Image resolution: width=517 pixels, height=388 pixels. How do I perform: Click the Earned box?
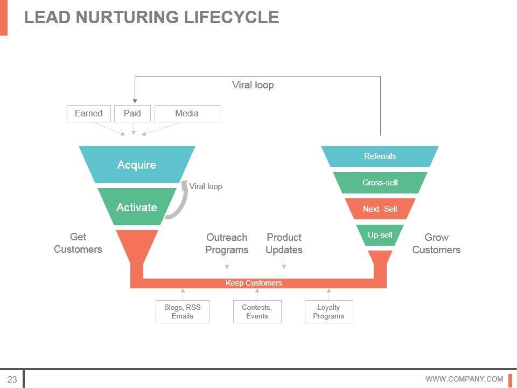[x=88, y=113]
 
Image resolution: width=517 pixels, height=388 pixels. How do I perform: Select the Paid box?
[x=132, y=113]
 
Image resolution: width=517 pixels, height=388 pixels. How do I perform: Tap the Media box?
[x=187, y=113]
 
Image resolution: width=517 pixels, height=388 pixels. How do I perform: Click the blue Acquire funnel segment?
[x=137, y=165]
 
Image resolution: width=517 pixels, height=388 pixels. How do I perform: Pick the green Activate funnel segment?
[x=137, y=207]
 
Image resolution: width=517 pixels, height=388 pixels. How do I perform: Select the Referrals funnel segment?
[x=380, y=156]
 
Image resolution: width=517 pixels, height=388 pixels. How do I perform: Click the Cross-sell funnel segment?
[x=380, y=183]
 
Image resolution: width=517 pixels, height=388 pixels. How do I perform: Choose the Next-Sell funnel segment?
[x=380, y=209]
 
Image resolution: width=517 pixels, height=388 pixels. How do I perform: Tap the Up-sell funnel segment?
[x=380, y=235]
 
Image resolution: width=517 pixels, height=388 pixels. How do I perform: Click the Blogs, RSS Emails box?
[x=183, y=311]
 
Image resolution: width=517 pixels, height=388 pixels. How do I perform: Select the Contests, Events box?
[x=257, y=311]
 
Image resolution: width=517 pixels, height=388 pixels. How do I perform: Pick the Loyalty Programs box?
[x=329, y=311]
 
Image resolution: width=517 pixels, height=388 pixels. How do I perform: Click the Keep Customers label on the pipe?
[x=254, y=283]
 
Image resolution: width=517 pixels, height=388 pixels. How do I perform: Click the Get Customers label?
[x=78, y=243]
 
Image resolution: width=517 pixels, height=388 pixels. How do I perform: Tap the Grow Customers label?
[x=436, y=244]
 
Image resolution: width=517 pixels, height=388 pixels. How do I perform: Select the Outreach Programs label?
[x=227, y=244]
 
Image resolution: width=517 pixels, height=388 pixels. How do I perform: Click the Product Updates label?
[x=284, y=244]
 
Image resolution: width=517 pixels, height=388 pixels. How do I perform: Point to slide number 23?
[x=12, y=379]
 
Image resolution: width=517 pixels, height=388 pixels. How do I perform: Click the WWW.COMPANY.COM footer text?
[x=464, y=379]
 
